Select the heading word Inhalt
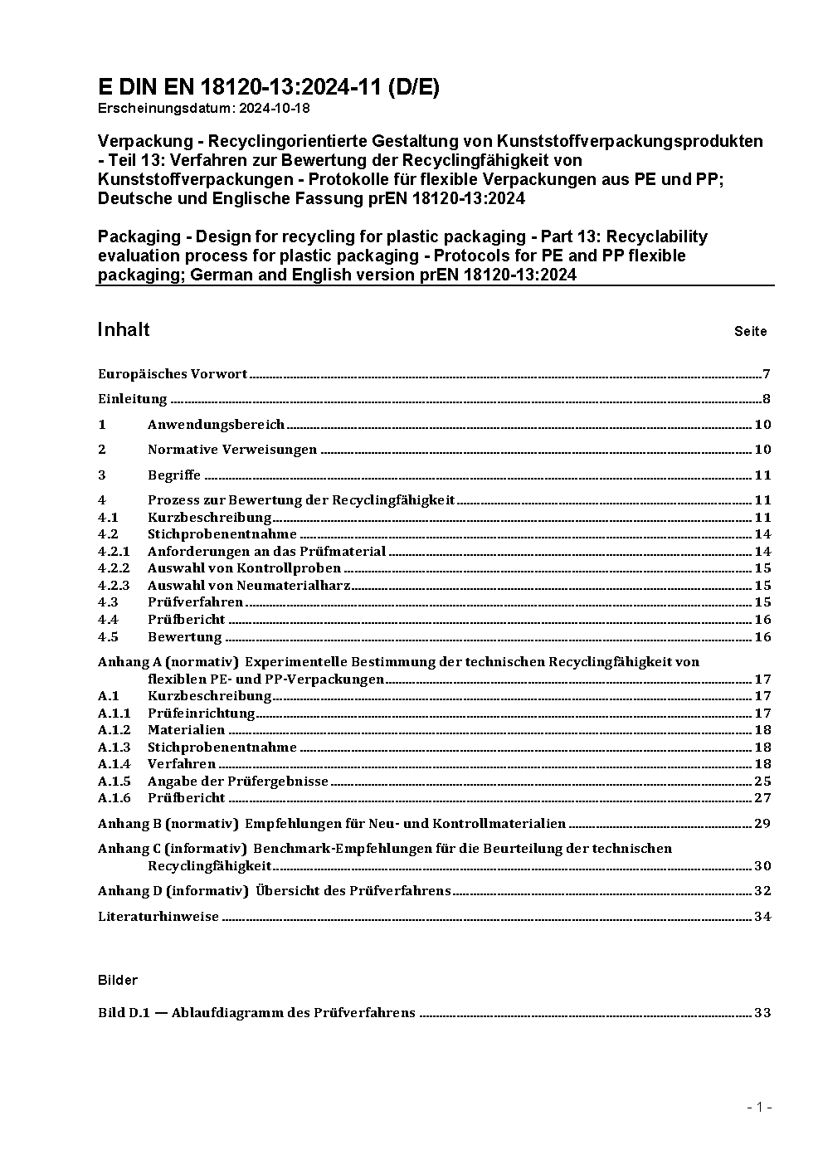pyautogui.click(x=124, y=330)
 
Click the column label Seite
pyautogui.click(x=750, y=332)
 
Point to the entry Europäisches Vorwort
pyautogui.click(x=173, y=374)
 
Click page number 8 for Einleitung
pyautogui.click(x=767, y=399)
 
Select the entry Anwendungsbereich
pyautogui.click(x=216, y=425)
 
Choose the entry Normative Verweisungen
pyautogui.click(x=232, y=450)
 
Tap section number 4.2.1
pyautogui.click(x=114, y=552)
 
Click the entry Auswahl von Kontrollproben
pyautogui.click(x=244, y=568)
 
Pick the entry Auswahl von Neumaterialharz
pyautogui.click(x=249, y=586)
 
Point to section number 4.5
pyautogui.click(x=108, y=637)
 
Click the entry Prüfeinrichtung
pyautogui.click(x=201, y=713)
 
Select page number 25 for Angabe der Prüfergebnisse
pyautogui.click(x=762, y=782)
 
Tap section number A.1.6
pyautogui.click(x=114, y=798)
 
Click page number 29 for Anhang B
pyautogui.click(x=762, y=824)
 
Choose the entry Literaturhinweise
pyautogui.click(x=158, y=917)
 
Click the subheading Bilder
pyautogui.click(x=118, y=981)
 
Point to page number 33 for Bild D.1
pyautogui.click(x=762, y=1013)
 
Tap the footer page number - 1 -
pyautogui.click(x=759, y=1107)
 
